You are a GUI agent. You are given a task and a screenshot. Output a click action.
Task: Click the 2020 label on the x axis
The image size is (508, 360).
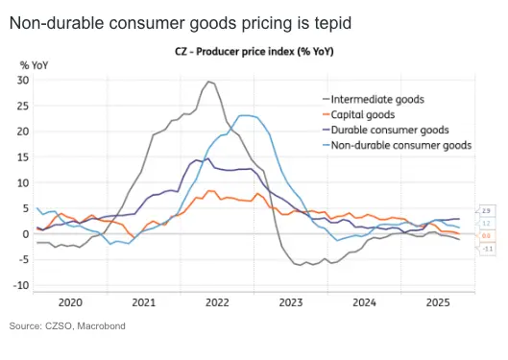[x=72, y=300]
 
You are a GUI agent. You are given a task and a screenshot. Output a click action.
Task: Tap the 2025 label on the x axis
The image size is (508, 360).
[x=437, y=300]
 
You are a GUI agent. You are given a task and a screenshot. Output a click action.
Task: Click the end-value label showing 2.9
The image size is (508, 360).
[x=487, y=210]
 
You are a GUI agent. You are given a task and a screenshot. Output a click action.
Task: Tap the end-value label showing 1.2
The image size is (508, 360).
[x=487, y=223]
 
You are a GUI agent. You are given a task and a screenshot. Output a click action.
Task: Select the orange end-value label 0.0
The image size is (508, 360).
[x=487, y=235]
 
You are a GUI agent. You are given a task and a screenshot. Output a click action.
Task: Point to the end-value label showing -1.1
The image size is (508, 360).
[x=487, y=247]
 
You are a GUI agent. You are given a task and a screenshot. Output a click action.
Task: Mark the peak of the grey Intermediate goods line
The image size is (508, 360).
[x=208, y=82]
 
